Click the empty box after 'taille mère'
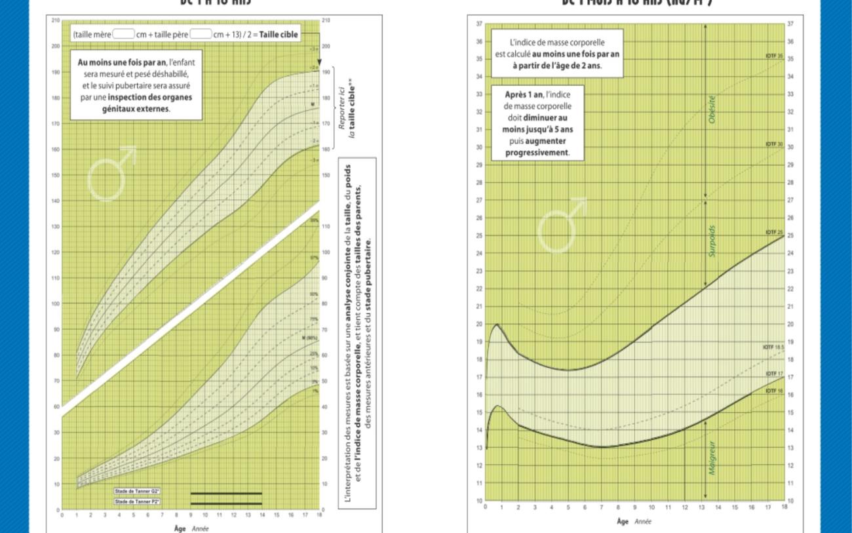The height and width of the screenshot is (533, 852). click(123, 35)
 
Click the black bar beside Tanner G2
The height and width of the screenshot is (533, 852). click(226, 493)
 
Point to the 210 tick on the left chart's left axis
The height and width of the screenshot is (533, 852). click(56, 21)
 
